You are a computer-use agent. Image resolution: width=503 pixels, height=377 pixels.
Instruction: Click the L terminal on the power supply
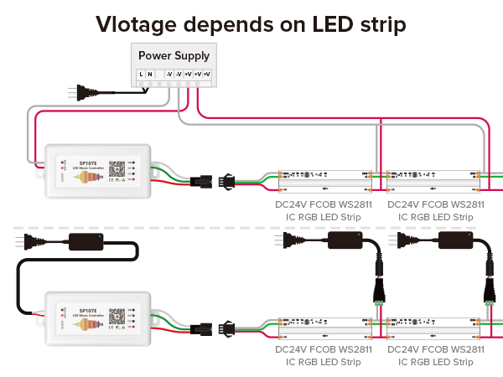(x=141, y=75)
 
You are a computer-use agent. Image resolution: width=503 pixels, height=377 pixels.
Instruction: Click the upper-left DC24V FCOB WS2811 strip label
(x=324, y=204)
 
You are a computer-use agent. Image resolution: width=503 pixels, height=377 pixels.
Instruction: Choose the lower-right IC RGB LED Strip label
(x=436, y=362)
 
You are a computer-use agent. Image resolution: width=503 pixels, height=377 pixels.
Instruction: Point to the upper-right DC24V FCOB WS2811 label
(x=436, y=204)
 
